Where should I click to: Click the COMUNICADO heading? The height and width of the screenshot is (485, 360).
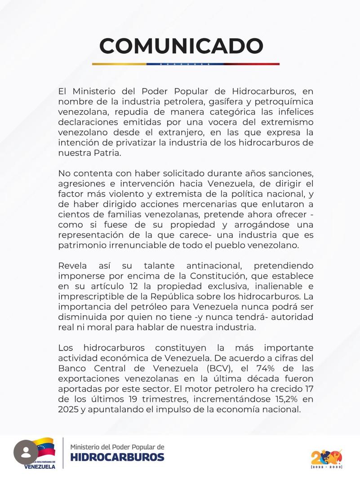coord(181,46)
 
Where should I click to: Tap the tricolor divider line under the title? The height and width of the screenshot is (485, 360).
coord(186,64)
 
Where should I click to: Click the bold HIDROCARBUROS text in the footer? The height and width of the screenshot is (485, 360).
coord(117,458)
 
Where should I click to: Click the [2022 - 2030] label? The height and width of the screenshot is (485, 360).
coord(327,467)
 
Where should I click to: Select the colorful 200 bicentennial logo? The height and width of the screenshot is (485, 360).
coord(327,457)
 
